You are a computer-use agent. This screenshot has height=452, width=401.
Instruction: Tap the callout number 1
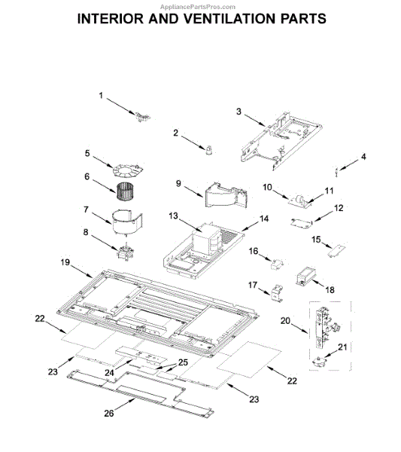click(x=101, y=96)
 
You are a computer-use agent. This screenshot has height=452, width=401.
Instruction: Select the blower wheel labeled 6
click(x=126, y=191)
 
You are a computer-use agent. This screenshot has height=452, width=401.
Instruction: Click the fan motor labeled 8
click(x=126, y=252)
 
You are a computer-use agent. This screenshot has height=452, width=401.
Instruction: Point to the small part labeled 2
click(x=209, y=150)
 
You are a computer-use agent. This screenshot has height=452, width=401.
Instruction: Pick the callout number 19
click(x=65, y=262)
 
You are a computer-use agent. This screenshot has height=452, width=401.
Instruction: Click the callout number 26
click(x=109, y=414)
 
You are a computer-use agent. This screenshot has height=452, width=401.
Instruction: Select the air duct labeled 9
click(x=226, y=194)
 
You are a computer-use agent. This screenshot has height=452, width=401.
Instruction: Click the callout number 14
click(x=264, y=218)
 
